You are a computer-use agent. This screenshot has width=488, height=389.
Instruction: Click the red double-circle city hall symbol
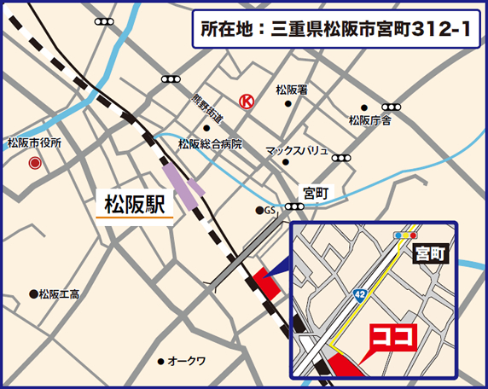click(35, 162)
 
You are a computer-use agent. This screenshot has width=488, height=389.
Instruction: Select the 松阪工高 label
click(59, 294)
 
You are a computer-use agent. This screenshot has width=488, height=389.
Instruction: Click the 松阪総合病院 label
click(210, 144)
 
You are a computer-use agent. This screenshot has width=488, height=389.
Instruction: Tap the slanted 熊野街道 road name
click(207, 108)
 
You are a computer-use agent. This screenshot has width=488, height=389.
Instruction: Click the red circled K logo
click(246, 100)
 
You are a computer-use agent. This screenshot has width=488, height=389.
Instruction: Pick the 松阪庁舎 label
click(369, 120)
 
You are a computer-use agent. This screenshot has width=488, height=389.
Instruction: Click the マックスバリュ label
click(297, 150)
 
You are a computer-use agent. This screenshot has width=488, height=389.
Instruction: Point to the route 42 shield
click(361, 293)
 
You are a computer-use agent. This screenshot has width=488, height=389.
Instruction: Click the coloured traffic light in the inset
click(405, 235)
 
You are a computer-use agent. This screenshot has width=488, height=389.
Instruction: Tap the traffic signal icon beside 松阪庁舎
click(392, 107)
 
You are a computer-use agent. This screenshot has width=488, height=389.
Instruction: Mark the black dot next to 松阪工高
click(33, 294)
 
